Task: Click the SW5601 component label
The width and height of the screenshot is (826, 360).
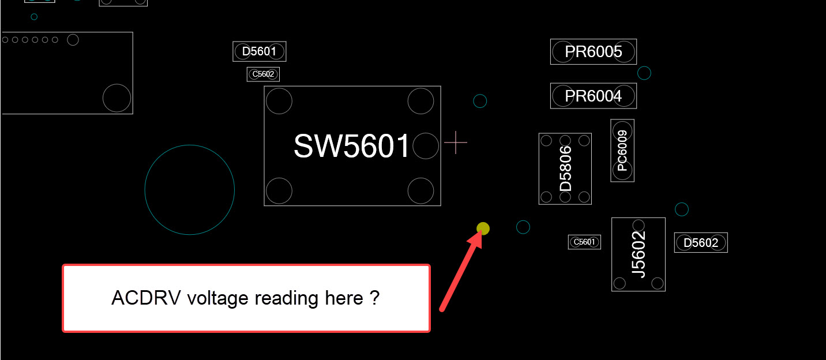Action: click(x=351, y=146)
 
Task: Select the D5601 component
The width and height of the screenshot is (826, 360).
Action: click(x=259, y=51)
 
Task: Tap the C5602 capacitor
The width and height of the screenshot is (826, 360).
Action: click(x=263, y=74)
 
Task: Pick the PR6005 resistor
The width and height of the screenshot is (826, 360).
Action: click(x=594, y=52)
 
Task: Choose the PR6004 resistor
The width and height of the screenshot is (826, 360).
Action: click(x=594, y=96)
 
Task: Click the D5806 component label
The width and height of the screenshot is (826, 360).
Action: click(x=565, y=168)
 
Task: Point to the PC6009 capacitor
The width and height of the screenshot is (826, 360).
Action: click(x=622, y=151)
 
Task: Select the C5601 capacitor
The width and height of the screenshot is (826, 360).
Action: click(x=584, y=242)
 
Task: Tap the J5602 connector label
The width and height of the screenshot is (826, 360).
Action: click(x=639, y=254)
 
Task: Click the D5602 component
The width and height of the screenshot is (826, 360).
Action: click(x=701, y=243)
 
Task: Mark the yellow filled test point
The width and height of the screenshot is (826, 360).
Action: click(x=483, y=228)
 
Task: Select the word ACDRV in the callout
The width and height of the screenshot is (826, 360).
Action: click(x=146, y=298)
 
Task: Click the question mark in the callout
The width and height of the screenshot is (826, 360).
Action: click(x=375, y=298)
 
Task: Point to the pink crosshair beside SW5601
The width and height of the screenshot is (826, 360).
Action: click(x=456, y=142)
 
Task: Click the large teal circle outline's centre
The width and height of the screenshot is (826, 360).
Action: click(x=190, y=190)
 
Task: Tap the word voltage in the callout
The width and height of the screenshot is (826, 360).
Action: click(x=218, y=299)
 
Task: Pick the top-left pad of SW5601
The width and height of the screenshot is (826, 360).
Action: click(x=279, y=101)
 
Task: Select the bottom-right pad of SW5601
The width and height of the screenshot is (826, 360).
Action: click(x=420, y=191)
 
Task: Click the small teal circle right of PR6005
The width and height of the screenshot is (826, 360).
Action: click(x=644, y=73)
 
